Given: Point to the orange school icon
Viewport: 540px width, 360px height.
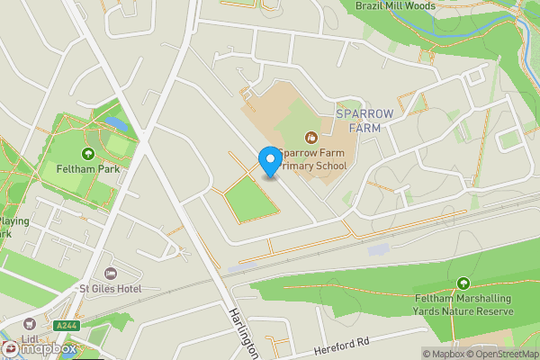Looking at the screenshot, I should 311,138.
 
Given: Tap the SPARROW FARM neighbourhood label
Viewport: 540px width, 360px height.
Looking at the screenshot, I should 364,121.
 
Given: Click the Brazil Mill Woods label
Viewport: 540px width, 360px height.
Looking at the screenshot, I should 394,5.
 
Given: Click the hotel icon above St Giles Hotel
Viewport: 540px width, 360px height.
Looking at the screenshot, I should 112,273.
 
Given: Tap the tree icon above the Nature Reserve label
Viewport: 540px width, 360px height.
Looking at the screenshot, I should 463,283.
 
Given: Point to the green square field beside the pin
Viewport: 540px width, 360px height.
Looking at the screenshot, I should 249,197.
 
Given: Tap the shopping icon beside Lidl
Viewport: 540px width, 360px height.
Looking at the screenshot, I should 30,325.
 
